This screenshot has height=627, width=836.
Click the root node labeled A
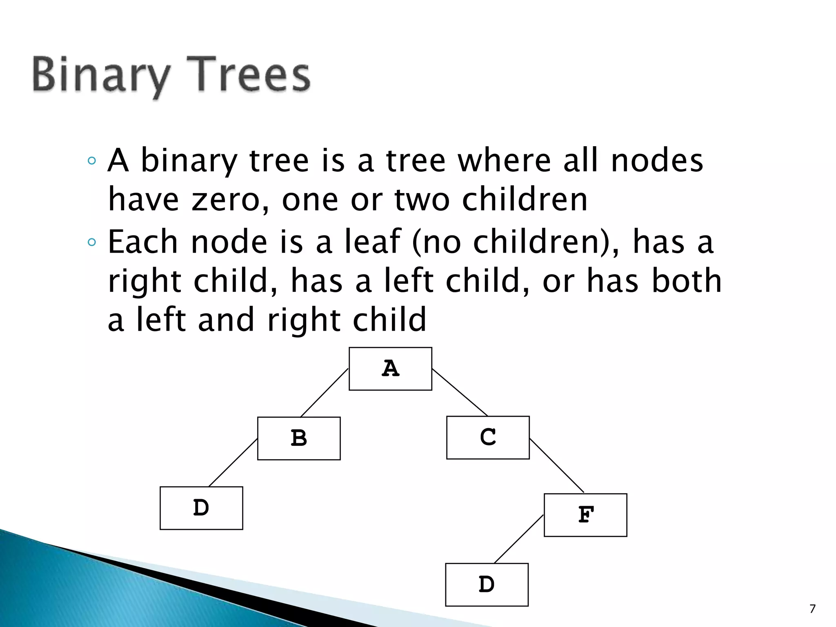pyautogui.click(x=390, y=369)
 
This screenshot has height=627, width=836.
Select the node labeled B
pyautogui.click(x=299, y=438)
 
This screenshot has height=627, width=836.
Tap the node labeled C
pyautogui.click(x=488, y=438)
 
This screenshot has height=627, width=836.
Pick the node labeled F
pyautogui.click(x=585, y=515)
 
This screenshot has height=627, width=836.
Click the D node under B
pyautogui.click(x=201, y=508)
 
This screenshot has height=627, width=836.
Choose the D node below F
pyautogui.click(x=487, y=585)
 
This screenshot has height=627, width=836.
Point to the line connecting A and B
pyautogui.click(x=324, y=393)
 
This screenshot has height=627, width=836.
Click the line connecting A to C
pyautogui.click(x=460, y=392)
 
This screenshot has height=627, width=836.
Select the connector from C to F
pyautogui.click(x=556, y=465)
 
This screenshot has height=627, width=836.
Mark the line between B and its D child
pyautogui.click(x=233, y=462)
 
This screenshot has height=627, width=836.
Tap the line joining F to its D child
pyautogui.click(x=519, y=539)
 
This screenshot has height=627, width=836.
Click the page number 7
pyautogui.click(x=812, y=609)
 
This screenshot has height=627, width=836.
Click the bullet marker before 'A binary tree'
pyautogui.click(x=92, y=160)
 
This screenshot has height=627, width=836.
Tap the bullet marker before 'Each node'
pyautogui.click(x=92, y=242)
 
